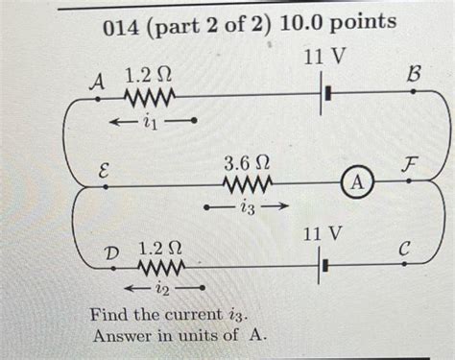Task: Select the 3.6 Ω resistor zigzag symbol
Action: pos(247,182)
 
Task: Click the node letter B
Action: pos(415,73)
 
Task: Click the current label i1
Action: pos(144,120)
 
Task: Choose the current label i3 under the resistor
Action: pos(247,204)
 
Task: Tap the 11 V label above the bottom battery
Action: pos(322,233)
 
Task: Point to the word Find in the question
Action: pos(110,315)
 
